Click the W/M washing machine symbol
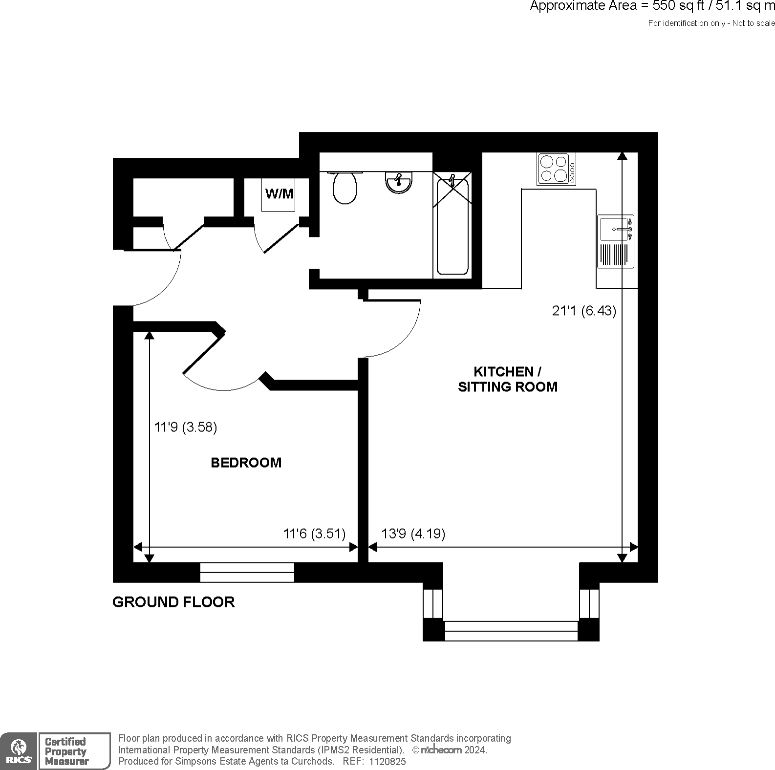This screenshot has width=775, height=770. tap(279, 194)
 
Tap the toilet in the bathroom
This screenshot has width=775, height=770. tap(345, 188)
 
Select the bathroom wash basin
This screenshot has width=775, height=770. tap(399, 183)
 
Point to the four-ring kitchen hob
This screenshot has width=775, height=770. tap(556, 169)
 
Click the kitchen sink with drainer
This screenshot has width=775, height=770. tap(616, 241)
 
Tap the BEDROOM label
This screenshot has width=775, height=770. tap(246, 463)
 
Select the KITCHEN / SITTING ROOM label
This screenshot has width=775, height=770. tap(507, 379)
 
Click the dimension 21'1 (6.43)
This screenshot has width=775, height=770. tap(584, 311)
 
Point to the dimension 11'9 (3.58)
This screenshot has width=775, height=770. tap(185, 427)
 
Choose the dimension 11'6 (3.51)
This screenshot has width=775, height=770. tap(314, 534)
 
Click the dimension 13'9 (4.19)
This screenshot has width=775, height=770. tap(413, 534)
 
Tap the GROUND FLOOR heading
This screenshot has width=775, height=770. tap(173, 602)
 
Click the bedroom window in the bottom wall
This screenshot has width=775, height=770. tap(247, 573)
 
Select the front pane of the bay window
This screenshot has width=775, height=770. tap(511, 631)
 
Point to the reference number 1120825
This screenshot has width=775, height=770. tap(387, 761)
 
